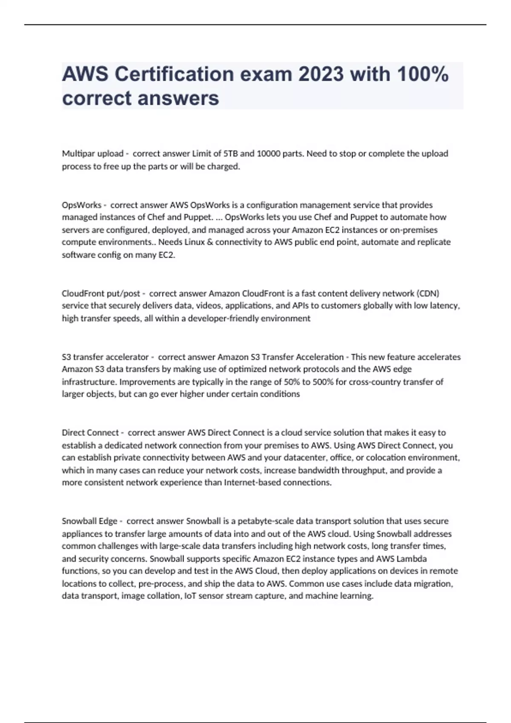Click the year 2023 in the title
point(321,74)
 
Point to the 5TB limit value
point(230,154)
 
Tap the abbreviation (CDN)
point(428,293)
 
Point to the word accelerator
point(127,357)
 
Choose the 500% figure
point(323,381)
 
